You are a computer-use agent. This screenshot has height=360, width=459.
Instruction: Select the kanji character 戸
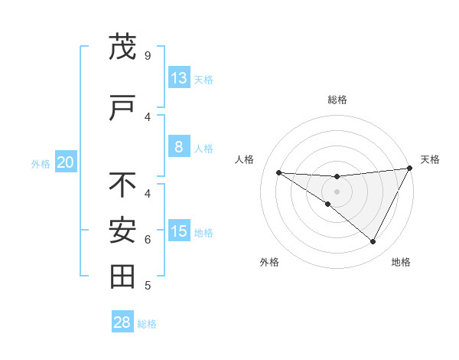coord(122,109)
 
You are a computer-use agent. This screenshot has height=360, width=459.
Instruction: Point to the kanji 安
coord(122,231)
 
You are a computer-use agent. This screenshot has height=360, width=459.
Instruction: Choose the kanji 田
coord(122,277)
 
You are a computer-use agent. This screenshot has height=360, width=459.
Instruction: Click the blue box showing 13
coord(179,79)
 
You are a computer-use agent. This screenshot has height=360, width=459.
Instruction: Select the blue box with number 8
coord(179,147)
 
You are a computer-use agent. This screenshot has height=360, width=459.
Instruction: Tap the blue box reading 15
coord(179,231)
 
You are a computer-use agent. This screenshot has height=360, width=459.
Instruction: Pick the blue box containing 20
coord(65,162)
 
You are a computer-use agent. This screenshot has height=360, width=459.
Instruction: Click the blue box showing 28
coord(122,322)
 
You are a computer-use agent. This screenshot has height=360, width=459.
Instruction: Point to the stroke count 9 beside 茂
coord(147,55)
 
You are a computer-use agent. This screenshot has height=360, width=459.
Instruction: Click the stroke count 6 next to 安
coord(147,239)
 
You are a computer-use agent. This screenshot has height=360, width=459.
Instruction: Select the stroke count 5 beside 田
coord(147,286)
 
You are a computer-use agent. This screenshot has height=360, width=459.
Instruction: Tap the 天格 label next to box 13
coord(203,80)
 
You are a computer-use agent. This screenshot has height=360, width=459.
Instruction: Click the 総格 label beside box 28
coord(147,324)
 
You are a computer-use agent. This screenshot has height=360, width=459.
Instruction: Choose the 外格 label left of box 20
coord(41,163)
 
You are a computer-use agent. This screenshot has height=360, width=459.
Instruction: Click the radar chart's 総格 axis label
coord(337,100)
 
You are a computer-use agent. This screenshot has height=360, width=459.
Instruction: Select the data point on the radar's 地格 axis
coord(373,242)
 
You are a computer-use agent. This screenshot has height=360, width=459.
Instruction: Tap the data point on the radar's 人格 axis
coord(278,172)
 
